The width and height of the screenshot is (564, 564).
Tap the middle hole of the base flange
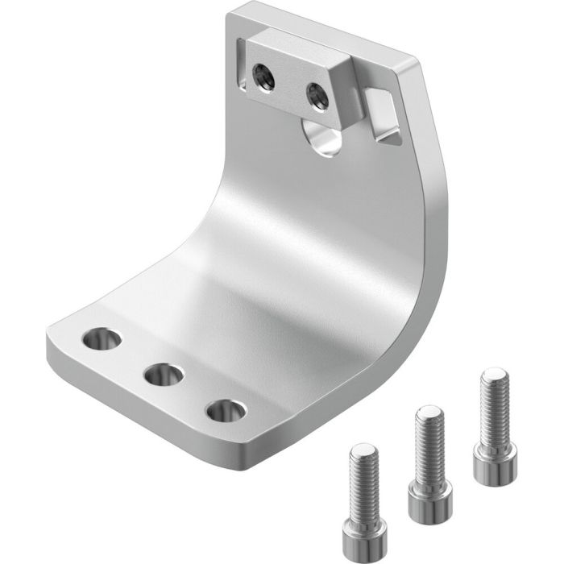[163, 375]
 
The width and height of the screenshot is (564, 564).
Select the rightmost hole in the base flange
[224, 410]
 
